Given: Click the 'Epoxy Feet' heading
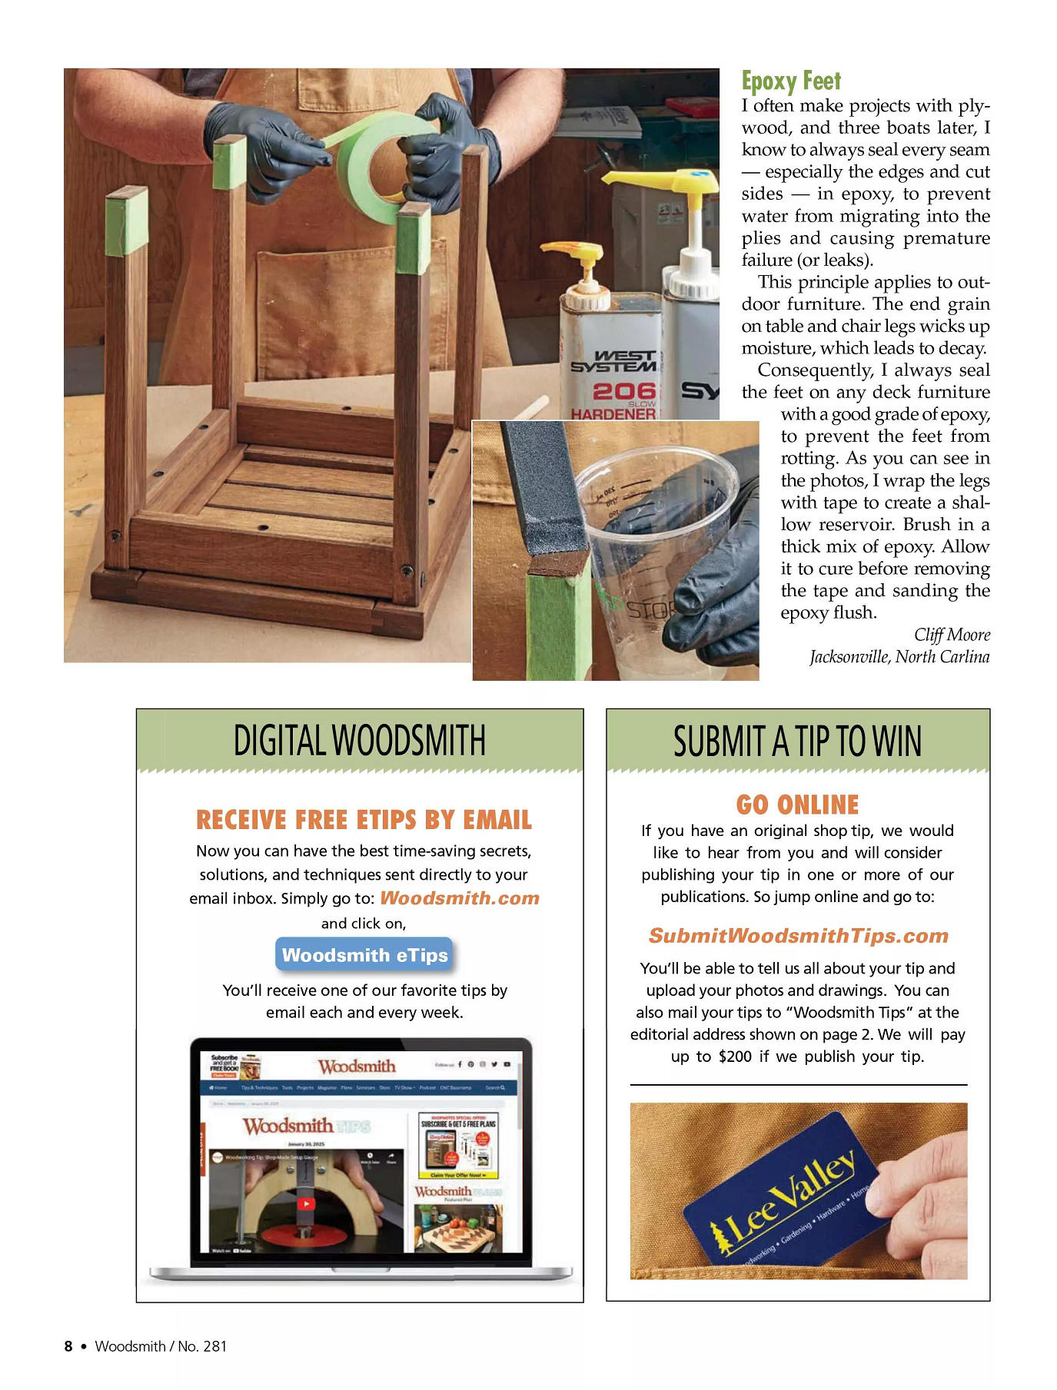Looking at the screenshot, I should (790, 81).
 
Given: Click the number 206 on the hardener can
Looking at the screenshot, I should (623, 391).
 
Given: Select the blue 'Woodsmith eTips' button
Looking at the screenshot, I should (364, 955).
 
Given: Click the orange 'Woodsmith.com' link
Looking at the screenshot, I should (459, 898).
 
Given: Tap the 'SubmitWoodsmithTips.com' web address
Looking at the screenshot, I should (798, 936).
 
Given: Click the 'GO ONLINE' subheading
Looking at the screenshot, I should (797, 804).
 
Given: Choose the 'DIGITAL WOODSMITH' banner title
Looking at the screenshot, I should (360, 740).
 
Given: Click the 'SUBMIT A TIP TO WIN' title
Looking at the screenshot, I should (797, 741).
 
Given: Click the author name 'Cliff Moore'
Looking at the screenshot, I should (951, 635).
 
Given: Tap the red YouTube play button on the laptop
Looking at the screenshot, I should (306, 1204).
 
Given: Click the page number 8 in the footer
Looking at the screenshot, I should (68, 1346).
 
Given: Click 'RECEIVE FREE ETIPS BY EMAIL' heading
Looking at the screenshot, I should (364, 820).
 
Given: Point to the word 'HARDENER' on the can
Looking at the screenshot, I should (613, 414).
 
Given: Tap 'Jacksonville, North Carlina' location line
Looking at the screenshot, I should (899, 657).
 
